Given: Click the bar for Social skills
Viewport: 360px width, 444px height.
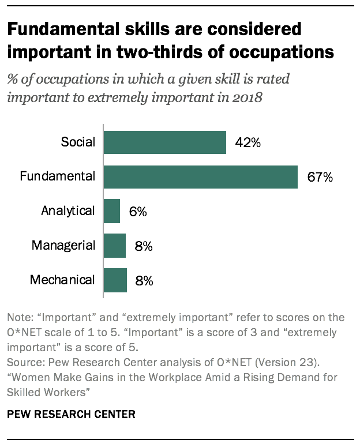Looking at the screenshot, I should [165, 142].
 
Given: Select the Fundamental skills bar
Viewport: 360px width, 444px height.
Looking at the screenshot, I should [201, 176].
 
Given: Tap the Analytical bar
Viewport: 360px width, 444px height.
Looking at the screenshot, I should [112, 211].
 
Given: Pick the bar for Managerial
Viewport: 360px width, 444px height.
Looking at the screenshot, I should [115, 246].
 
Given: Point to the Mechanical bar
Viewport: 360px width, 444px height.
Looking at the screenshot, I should [115, 280].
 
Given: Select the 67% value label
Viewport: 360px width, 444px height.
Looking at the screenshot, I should [320, 177].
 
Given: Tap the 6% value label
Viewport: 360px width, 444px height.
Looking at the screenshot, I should [138, 212].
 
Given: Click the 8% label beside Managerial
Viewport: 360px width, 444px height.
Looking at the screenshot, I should [143, 246].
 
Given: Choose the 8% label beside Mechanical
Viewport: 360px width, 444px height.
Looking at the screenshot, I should [144, 281].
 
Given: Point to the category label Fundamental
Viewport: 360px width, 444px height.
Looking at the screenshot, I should [57, 176].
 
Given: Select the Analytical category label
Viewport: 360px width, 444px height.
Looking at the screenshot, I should [67, 210].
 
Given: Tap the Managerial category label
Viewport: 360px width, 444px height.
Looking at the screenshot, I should [63, 245].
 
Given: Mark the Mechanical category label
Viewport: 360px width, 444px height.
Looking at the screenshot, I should [62, 280].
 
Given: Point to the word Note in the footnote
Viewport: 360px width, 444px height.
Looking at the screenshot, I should [17, 318].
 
